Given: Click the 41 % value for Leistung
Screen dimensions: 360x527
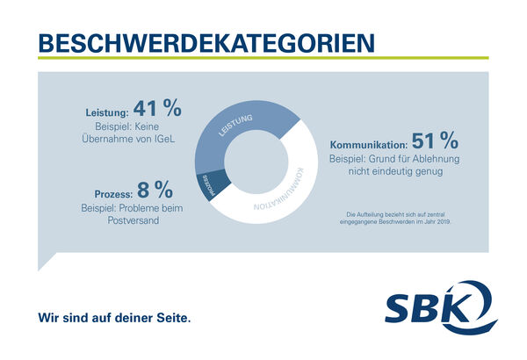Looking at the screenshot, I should (x=159, y=109).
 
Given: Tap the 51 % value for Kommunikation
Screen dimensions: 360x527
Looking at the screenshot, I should (x=437, y=140).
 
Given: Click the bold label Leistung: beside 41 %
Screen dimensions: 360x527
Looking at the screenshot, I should (x=107, y=112).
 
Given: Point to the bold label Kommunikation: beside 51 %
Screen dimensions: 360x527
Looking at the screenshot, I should (x=368, y=144).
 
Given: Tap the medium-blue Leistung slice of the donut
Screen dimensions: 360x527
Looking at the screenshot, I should (x=242, y=124).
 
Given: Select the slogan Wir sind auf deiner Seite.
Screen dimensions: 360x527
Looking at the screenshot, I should (x=113, y=315).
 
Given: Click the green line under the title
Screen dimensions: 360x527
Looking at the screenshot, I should (x=263, y=58).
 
